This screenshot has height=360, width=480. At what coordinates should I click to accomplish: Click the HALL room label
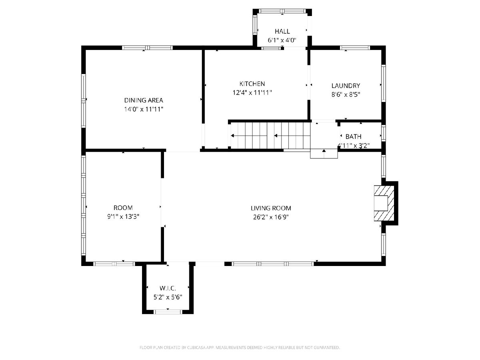click(x=282, y=31)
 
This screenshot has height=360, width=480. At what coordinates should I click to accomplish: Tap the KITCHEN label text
click(x=252, y=84)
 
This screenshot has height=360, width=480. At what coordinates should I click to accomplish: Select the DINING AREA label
click(x=144, y=100)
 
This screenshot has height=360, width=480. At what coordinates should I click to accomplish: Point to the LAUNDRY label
click(x=346, y=86)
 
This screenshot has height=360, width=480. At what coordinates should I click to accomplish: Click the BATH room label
click(x=353, y=137)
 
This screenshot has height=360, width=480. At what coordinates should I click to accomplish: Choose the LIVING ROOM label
click(x=271, y=208)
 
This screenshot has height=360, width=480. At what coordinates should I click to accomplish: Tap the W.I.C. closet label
click(x=168, y=288)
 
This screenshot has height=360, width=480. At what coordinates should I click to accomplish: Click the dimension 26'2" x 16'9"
click(x=271, y=217)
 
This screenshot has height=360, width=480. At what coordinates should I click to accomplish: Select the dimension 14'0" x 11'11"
click(x=144, y=109)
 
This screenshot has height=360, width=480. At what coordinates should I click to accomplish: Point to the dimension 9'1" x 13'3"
click(x=123, y=217)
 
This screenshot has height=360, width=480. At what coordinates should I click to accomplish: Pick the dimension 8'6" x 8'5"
click(x=346, y=94)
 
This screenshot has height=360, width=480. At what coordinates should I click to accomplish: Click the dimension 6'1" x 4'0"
click(x=282, y=40)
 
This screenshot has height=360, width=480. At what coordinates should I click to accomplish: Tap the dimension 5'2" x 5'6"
click(x=168, y=297)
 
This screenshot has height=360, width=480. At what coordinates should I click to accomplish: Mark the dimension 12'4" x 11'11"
click(x=252, y=93)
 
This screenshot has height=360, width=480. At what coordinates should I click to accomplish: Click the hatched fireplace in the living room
click(x=384, y=203)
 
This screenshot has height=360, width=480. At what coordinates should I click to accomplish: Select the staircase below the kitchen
click(x=270, y=136)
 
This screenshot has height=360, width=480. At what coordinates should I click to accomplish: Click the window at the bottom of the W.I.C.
click(x=168, y=312)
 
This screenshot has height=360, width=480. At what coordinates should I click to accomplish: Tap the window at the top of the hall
click(x=282, y=11)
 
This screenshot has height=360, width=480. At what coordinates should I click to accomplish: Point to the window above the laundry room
click(x=355, y=48)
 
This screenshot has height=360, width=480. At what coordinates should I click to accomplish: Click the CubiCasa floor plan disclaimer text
click(x=240, y=347)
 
